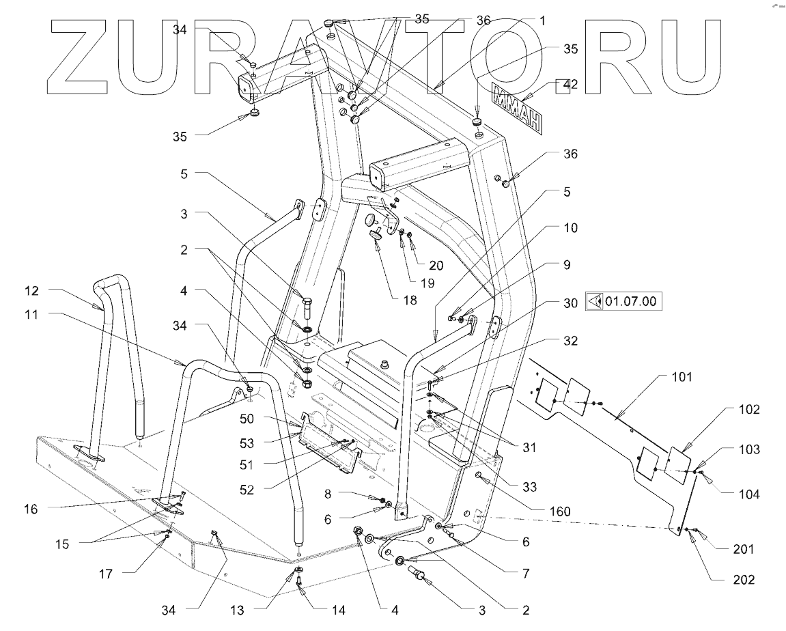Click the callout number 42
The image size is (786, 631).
570,85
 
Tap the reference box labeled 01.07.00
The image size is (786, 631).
625,300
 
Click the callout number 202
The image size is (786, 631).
744,580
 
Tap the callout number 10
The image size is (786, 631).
570,227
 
